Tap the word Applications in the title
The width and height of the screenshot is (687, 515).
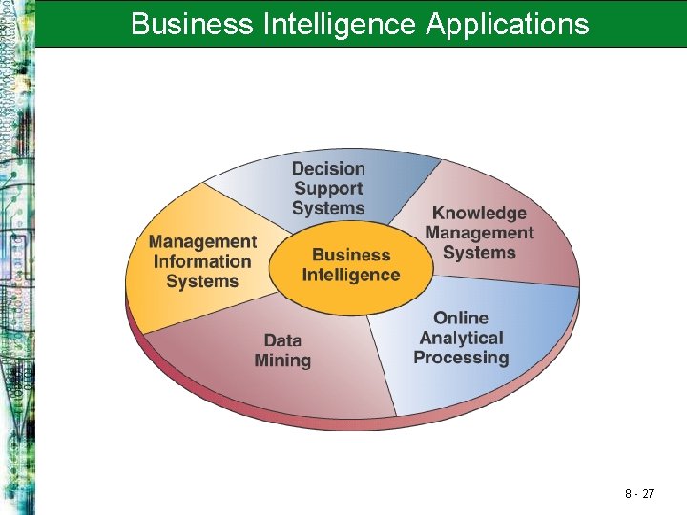(x=508, y=23)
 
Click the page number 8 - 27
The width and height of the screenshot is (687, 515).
(x=638, y=494)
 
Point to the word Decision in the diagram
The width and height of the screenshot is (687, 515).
(x=328, y=169)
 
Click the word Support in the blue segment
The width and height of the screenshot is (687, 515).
(x=328, y=189)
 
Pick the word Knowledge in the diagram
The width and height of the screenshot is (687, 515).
(x=479, y=213)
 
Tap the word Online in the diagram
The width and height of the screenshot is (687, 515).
(x=460, y=318)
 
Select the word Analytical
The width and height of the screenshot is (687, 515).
(x=461, y=338)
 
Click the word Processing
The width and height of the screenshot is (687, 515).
(x=461, y=358)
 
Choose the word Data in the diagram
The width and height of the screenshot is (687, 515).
(x=282, y=340)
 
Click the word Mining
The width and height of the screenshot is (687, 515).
(x=282, y=360)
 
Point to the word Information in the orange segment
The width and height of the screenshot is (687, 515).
(x=202, y=261)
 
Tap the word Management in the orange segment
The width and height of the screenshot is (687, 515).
(x=202, y=241)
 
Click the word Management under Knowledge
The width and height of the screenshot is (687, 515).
(x=479, y=233)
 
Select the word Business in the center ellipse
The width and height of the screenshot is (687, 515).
(x=351, y=255)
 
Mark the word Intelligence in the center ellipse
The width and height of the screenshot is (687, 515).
(x=351, y=275)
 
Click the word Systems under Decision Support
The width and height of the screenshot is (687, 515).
(x=328, y=208)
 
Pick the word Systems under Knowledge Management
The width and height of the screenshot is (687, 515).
(x=479, y=253)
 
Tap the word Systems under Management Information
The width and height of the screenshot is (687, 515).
(x=202, y=281)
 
